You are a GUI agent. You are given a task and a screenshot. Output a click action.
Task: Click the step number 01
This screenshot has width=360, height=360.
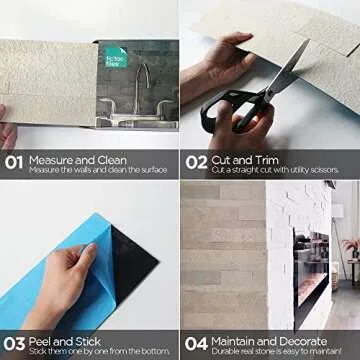(14, 162)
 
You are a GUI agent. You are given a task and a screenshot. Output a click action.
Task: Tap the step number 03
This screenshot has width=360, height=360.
(14, 343)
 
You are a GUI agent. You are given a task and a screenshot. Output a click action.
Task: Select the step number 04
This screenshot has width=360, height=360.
(195, 343)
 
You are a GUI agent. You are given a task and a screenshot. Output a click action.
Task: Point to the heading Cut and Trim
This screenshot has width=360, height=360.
(244, 158)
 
